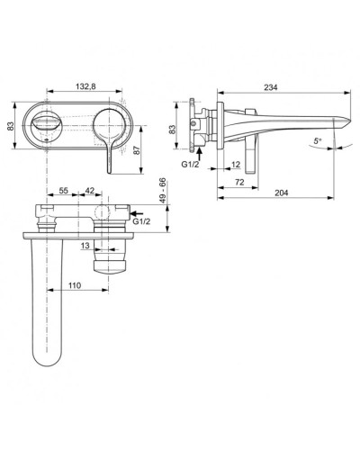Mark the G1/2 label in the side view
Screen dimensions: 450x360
click(x=189, y=166)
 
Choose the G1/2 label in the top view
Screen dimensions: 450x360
click(x=141, y=220)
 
